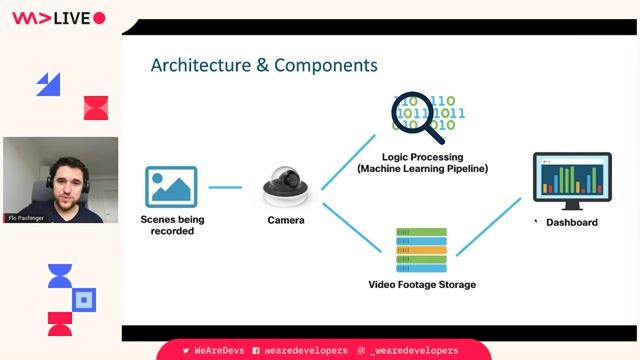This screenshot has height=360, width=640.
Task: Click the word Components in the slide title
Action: coord(326,66)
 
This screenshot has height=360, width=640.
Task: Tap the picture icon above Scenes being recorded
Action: coord(171,187)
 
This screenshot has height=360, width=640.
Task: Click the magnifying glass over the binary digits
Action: coord(417,117)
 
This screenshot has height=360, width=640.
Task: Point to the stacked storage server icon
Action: coord(422,250)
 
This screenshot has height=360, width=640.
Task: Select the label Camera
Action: coord(286,220)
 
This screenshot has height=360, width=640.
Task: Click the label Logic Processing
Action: coord(422,157)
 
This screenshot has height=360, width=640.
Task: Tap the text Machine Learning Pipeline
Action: coord(422,169)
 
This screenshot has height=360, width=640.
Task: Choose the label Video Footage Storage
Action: coord(422,285)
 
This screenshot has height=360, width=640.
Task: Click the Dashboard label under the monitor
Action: coord(572,222)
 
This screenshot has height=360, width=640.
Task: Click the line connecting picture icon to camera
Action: coord(225,187)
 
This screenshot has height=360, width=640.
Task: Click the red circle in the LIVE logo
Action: coord(99,18)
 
